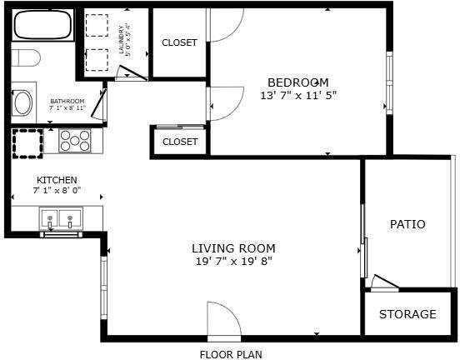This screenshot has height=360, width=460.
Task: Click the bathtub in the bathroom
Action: (42, 25)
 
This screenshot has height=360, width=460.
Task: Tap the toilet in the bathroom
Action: (26, 57)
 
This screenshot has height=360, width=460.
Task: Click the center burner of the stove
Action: (75, 141)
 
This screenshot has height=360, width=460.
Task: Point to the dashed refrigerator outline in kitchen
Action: (27, 144)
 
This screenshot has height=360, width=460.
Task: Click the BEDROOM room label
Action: (298, 82)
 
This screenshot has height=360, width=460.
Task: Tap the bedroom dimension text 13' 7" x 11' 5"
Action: (298, 95)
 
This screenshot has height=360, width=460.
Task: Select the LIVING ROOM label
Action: (233, 248)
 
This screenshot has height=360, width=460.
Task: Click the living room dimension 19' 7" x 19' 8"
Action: (234, 261)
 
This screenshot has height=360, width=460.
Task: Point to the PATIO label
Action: (407, 224)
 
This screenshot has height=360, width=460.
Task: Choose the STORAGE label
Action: (407, 314)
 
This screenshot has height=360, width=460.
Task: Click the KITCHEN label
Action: (57, 180)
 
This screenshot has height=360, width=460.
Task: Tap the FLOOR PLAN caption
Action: (231, 354)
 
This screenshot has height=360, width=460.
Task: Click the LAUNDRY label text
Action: (121, 40)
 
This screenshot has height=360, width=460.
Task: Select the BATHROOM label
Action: (67, 101)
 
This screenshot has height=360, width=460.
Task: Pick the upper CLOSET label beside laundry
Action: (179, 42)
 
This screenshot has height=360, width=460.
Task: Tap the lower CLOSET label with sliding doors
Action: (180, 142)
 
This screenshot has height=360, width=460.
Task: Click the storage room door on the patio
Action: (385, 282)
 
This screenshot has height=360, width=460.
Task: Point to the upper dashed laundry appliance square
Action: (97, 25)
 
